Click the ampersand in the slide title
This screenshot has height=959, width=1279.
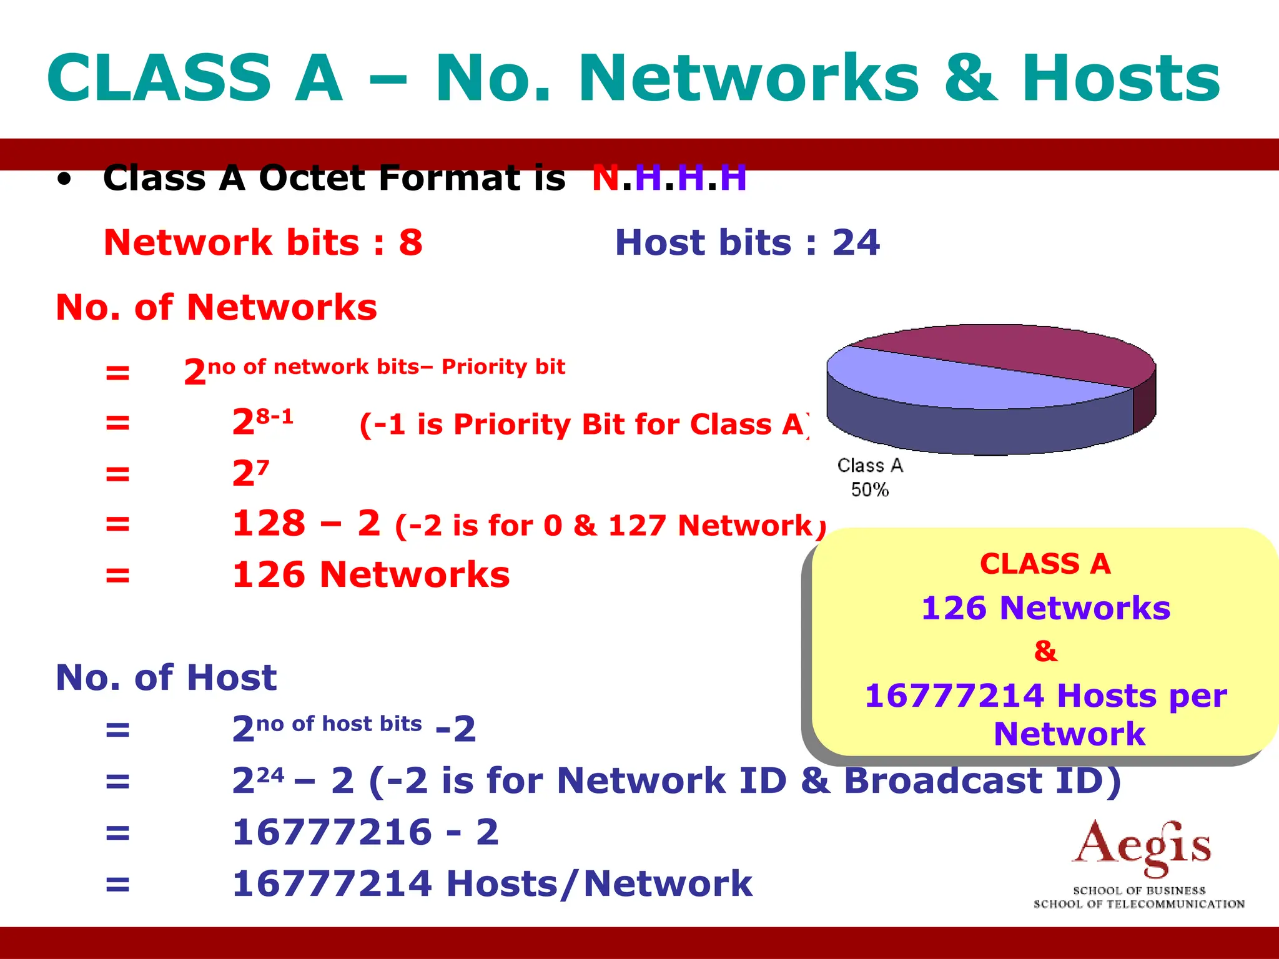pos(970,79)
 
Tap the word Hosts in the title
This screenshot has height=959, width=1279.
pos(1121,79)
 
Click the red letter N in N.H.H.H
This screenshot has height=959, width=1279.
pos(605,178)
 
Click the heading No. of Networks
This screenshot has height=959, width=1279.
pos(216,307)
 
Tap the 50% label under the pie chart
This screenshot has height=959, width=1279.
pos(869,489)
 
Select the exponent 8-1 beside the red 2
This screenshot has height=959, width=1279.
pos(275,416)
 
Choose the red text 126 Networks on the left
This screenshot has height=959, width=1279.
pos(371,574)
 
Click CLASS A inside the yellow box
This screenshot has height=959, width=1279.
pos(1045,564)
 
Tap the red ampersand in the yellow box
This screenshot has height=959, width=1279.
pos(1045,651)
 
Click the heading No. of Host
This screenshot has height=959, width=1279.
pos(166,677)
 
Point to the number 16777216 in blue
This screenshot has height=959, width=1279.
pos(332,832)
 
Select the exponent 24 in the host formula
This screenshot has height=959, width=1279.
pos(270,775)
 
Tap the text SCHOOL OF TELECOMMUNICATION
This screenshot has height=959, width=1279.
pos(1138,904)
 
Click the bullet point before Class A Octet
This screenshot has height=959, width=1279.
pos(64,180)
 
